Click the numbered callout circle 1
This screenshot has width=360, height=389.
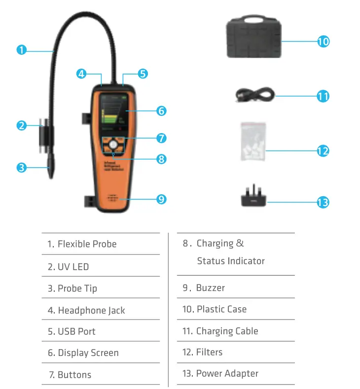(21, 50)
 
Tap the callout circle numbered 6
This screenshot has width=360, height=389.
(161, 111)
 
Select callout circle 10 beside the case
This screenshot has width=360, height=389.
(323, 41)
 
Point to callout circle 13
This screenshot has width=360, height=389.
(323, 202)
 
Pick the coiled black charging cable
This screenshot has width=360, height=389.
(253, 95)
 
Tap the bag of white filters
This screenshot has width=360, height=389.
(253, 142)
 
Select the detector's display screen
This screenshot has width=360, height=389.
(112, 114)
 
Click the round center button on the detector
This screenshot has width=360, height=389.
(113, 145)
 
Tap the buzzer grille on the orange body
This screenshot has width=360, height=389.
(113, 198)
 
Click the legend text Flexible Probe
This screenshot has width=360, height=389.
(87, 244)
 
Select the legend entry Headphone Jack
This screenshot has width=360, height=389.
(91, 311)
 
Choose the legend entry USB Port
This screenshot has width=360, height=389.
(76, 331)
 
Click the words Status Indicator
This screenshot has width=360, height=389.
(231, 261)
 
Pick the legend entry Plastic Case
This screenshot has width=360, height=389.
(221, 309)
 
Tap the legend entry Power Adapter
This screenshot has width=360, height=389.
(227, 373)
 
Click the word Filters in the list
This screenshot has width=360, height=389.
(210, 352)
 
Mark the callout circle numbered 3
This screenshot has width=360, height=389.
(21, 168)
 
